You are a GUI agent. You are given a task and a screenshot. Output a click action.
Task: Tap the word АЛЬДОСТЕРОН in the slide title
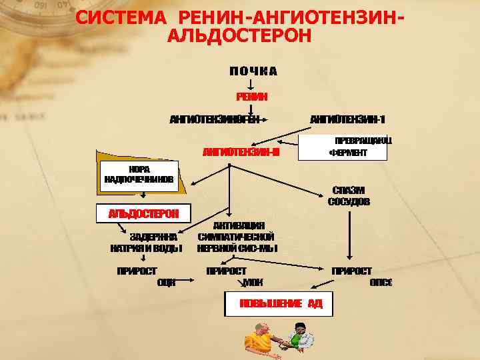(x=239, y=35)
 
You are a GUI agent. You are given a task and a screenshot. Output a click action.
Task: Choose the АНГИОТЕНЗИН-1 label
(x=348, y=119)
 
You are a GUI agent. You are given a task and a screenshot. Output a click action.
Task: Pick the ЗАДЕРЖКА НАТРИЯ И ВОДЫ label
(x=146, y=242)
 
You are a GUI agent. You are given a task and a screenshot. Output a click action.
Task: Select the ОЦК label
(x=166, y=283)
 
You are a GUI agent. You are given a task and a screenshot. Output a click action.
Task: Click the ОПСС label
(x=381, y=283)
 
